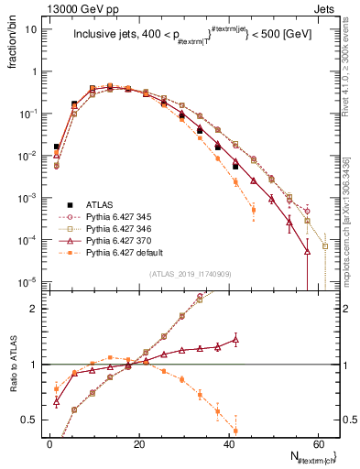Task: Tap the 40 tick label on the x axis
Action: click(x=227, y=442)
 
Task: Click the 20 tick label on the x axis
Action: click(x=138, y=442)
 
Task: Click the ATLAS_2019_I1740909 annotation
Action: click(x=189, y=275)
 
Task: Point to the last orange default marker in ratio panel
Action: click(x=236, y=430)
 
